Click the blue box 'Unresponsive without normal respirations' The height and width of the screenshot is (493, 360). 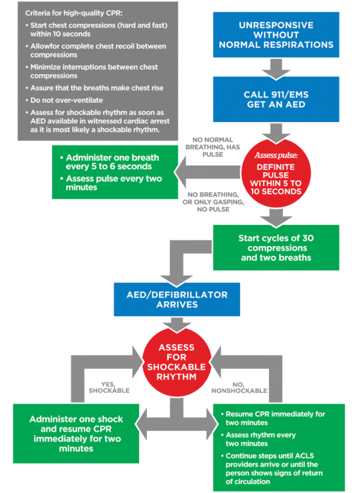click(x=276, y=35)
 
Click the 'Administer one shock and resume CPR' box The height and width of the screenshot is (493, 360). click(x=76, y=433)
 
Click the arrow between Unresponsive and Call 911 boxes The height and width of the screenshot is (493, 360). click(x=276, y=69)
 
